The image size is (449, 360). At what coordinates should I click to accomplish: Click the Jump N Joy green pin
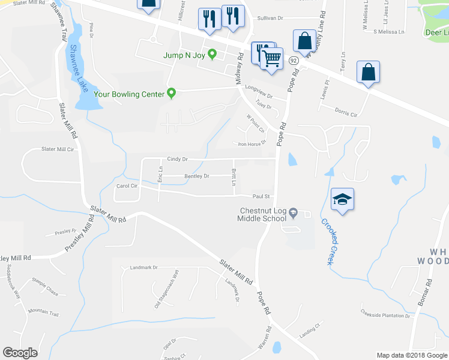212,55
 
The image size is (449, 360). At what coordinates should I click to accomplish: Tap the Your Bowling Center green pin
171,93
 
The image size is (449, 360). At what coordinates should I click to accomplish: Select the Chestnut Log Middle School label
262,215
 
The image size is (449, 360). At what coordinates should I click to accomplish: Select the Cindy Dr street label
178,159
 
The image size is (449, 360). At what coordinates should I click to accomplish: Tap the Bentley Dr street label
197,176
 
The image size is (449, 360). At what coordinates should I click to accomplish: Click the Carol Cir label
127,186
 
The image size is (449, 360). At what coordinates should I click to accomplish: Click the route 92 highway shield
294,61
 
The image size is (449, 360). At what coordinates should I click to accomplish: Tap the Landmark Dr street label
143,268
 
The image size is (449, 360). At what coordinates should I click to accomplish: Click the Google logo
20,353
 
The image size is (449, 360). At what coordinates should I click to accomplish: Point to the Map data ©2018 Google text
412,355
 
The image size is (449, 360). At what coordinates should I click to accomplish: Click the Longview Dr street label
259,95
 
